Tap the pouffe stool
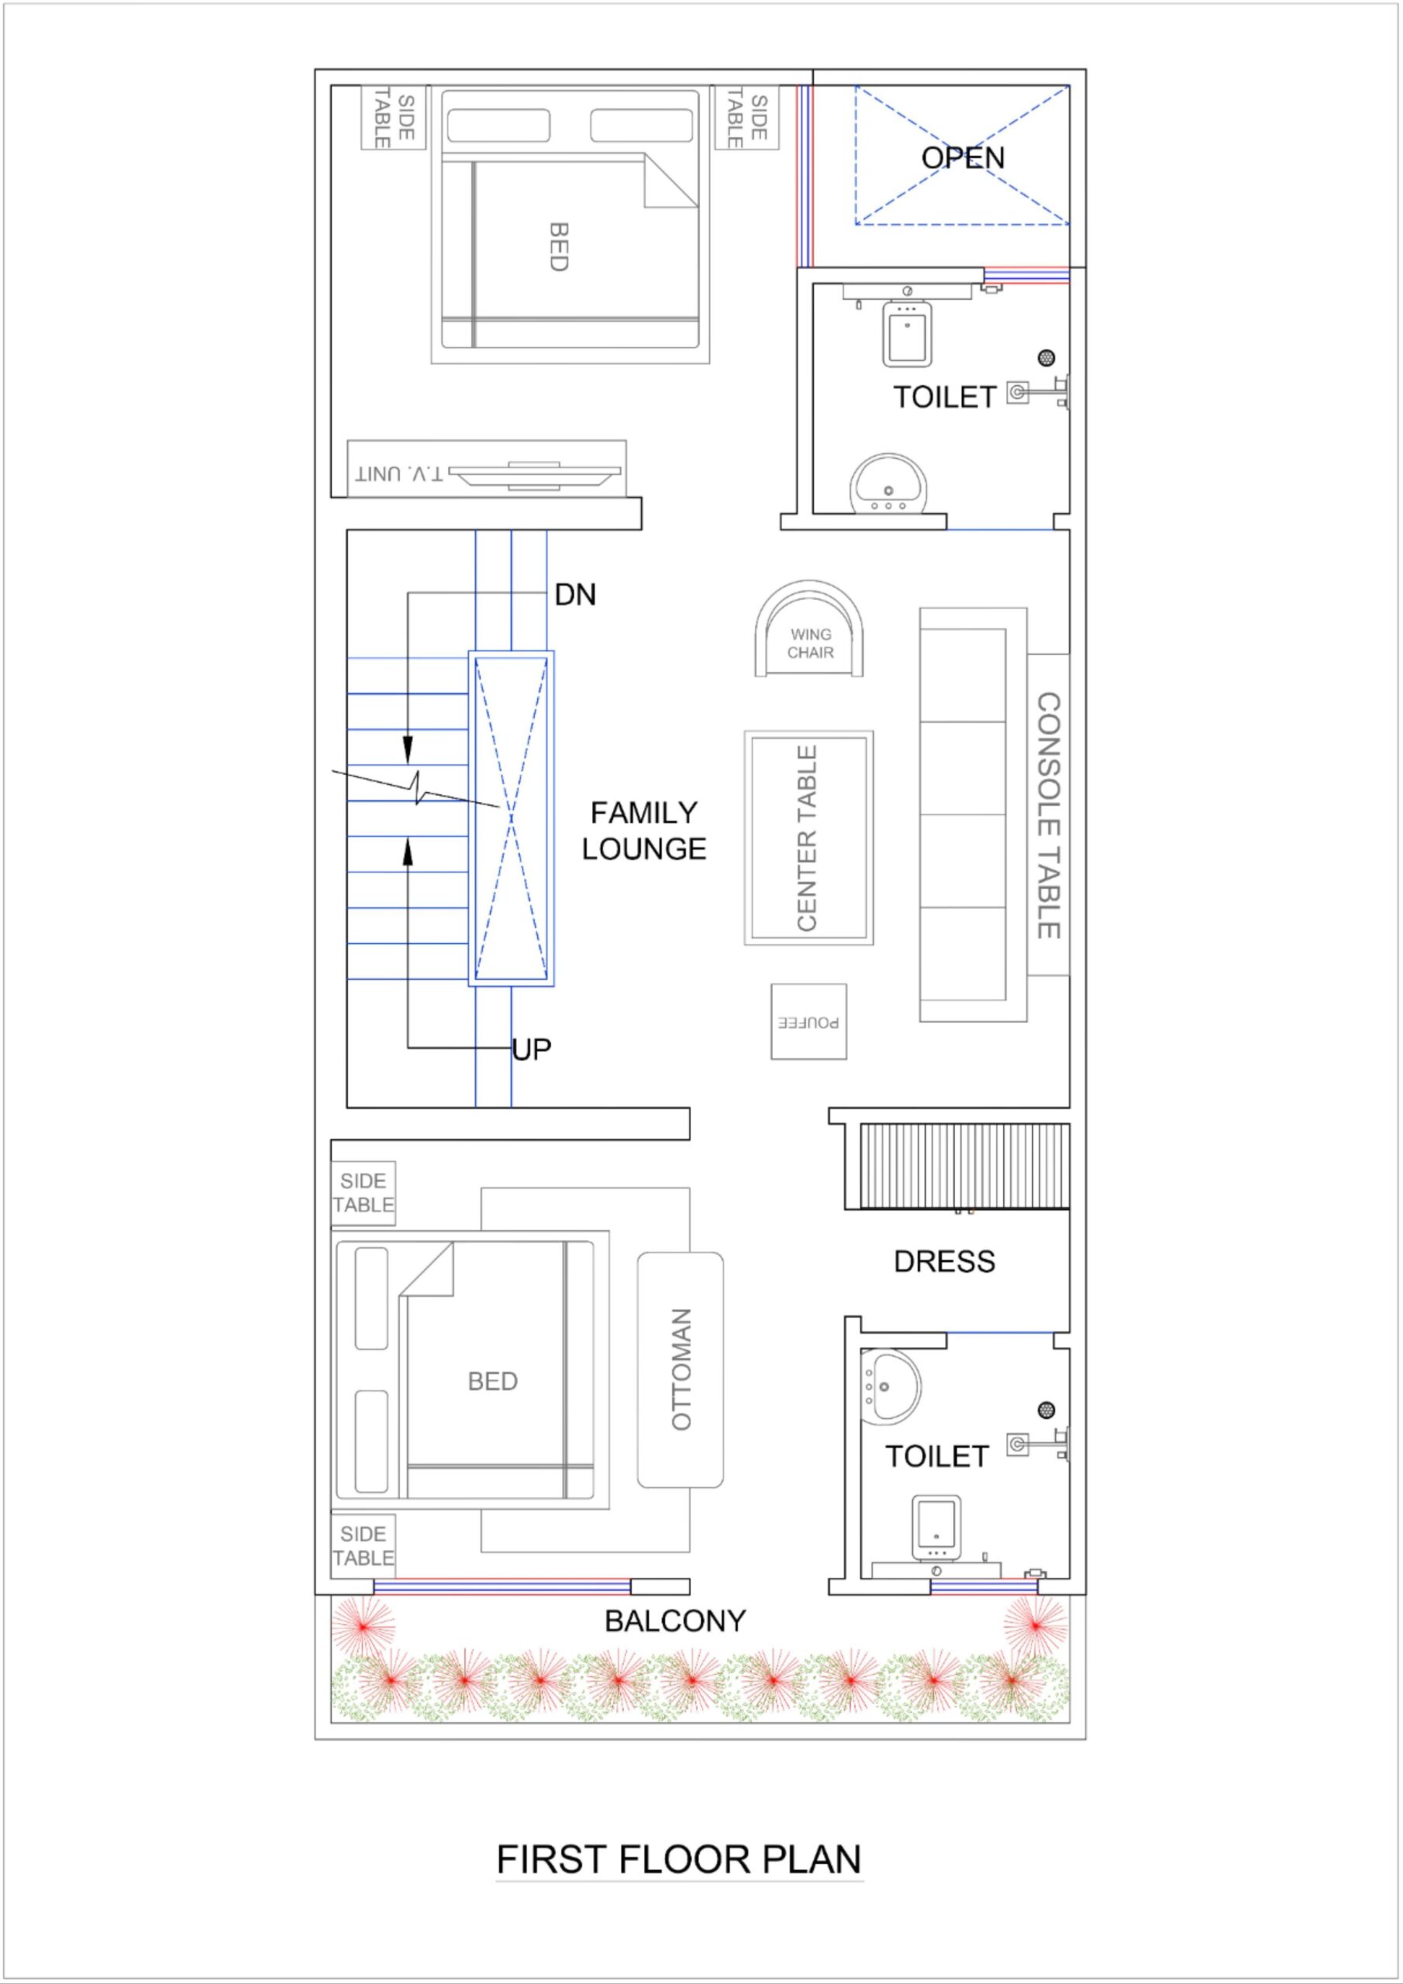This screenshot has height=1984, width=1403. (808, 1021)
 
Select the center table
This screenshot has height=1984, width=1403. (808, 837)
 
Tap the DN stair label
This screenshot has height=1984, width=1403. (575, 594)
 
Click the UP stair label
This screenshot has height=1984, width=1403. (531, 1049)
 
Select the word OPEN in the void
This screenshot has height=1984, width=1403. (962, 157)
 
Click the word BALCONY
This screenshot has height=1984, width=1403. (674, 1621)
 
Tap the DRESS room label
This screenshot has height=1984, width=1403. (944, 1262)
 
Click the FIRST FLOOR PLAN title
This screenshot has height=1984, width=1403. (678, 1859)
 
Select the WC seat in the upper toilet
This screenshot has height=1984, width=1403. (905, 333)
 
